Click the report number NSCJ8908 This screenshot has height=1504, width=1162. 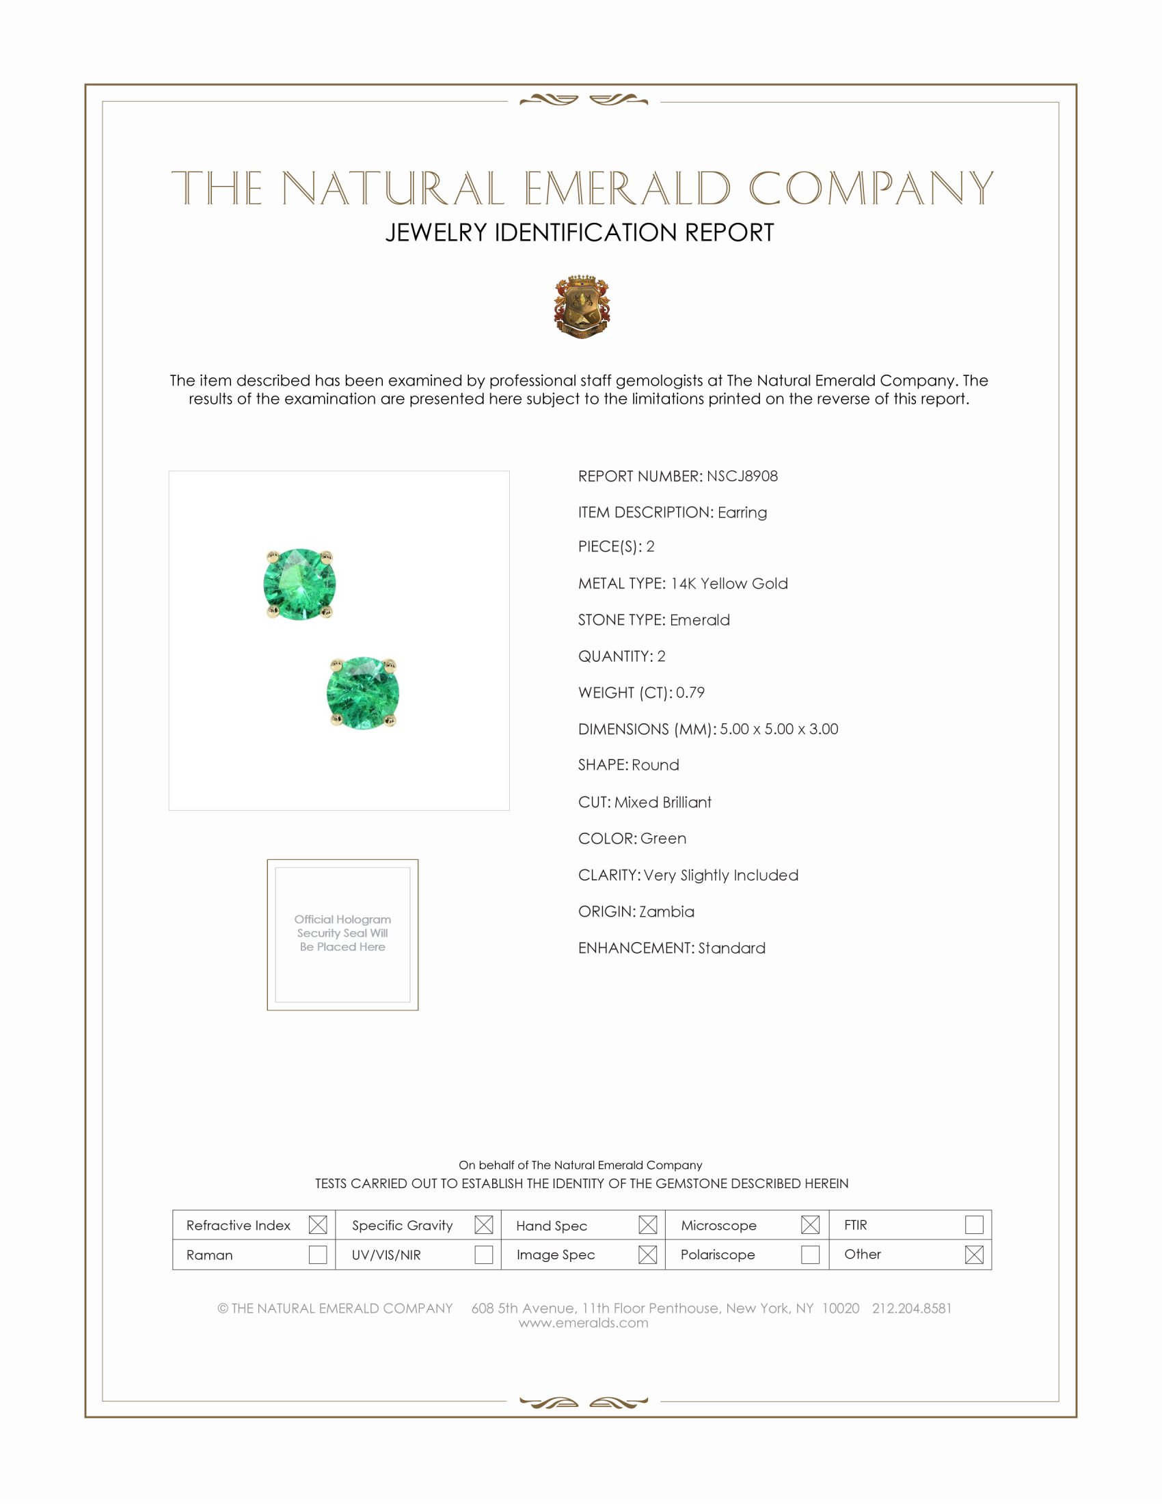click(x=742, y=476)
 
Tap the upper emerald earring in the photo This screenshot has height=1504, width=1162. click(x=299, y=584)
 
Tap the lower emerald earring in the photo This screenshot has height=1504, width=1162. click(x=363, y=692)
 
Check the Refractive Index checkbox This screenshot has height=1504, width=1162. click(x=317, y=1224)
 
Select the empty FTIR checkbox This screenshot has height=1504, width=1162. click(x=973, y=1224)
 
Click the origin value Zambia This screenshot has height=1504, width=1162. click(x=666, y=911)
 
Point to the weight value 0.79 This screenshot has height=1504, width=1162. click(x=690, y=692)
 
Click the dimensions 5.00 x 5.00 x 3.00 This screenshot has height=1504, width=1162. click(x=779, y=729)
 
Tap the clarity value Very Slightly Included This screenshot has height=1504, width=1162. click(x=720, y=874)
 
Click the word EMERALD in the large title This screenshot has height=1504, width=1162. click(x=627, y=189)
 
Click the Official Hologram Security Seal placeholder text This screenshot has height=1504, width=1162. click(x=342, y=932)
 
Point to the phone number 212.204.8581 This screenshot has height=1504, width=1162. click(x=911, y=1308)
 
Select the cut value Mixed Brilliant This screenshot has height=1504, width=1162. click(x=662, y=802)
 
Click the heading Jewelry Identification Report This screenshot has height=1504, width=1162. click(x=580, y=232)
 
